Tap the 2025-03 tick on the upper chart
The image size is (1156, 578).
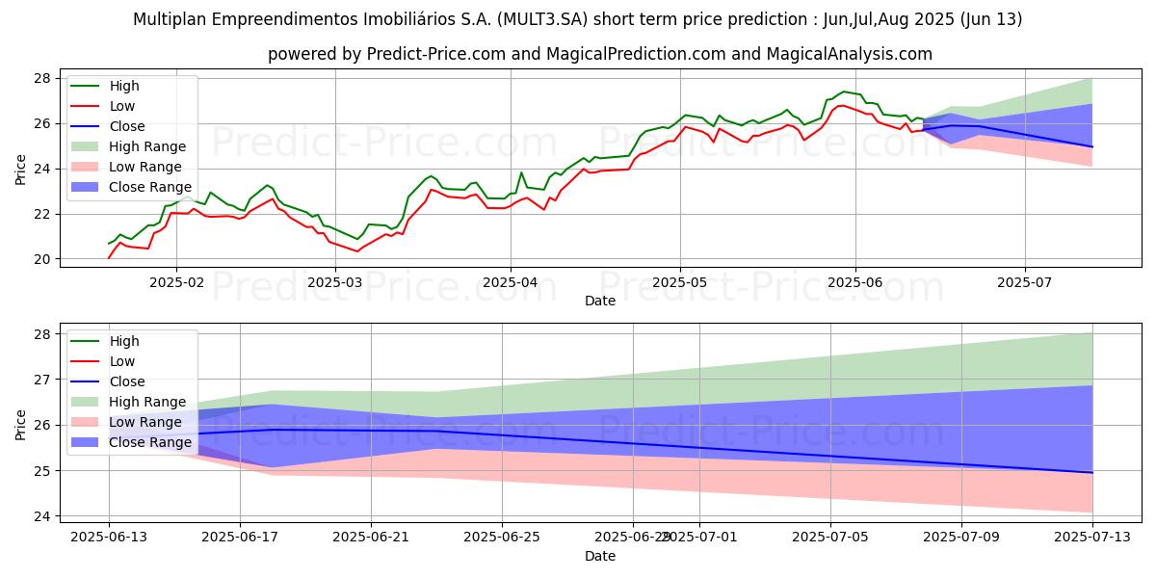pyautogui.click(x=335, y=282)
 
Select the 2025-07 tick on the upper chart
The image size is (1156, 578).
pyautogui.click(x=1024, y=282)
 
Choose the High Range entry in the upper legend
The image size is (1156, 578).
pyautogui.click(x=148, y=146)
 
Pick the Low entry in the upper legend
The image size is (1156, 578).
pyautogui.click(x=122, y=106)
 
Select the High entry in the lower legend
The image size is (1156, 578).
pyautogui.click(x=124, y=341)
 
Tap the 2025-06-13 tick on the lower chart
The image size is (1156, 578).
pyautogui.click(x=108, y=537)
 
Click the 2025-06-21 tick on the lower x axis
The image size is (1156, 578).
pyautogui.click(x=371, y=537)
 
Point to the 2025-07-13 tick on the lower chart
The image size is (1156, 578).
pyautogui.click(x=1092, y=537)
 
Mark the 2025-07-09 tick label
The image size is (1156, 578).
pyautogui.click(x=961, y=537)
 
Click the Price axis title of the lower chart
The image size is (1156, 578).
pyautogui.click(x=20, y=424)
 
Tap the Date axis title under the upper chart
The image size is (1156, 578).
pyautogui.click(x=600, y=301)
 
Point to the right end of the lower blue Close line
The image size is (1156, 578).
pyautogui.click(x=1092, y=472)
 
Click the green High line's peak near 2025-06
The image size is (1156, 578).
pyautogui.click(x=844, y=92)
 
